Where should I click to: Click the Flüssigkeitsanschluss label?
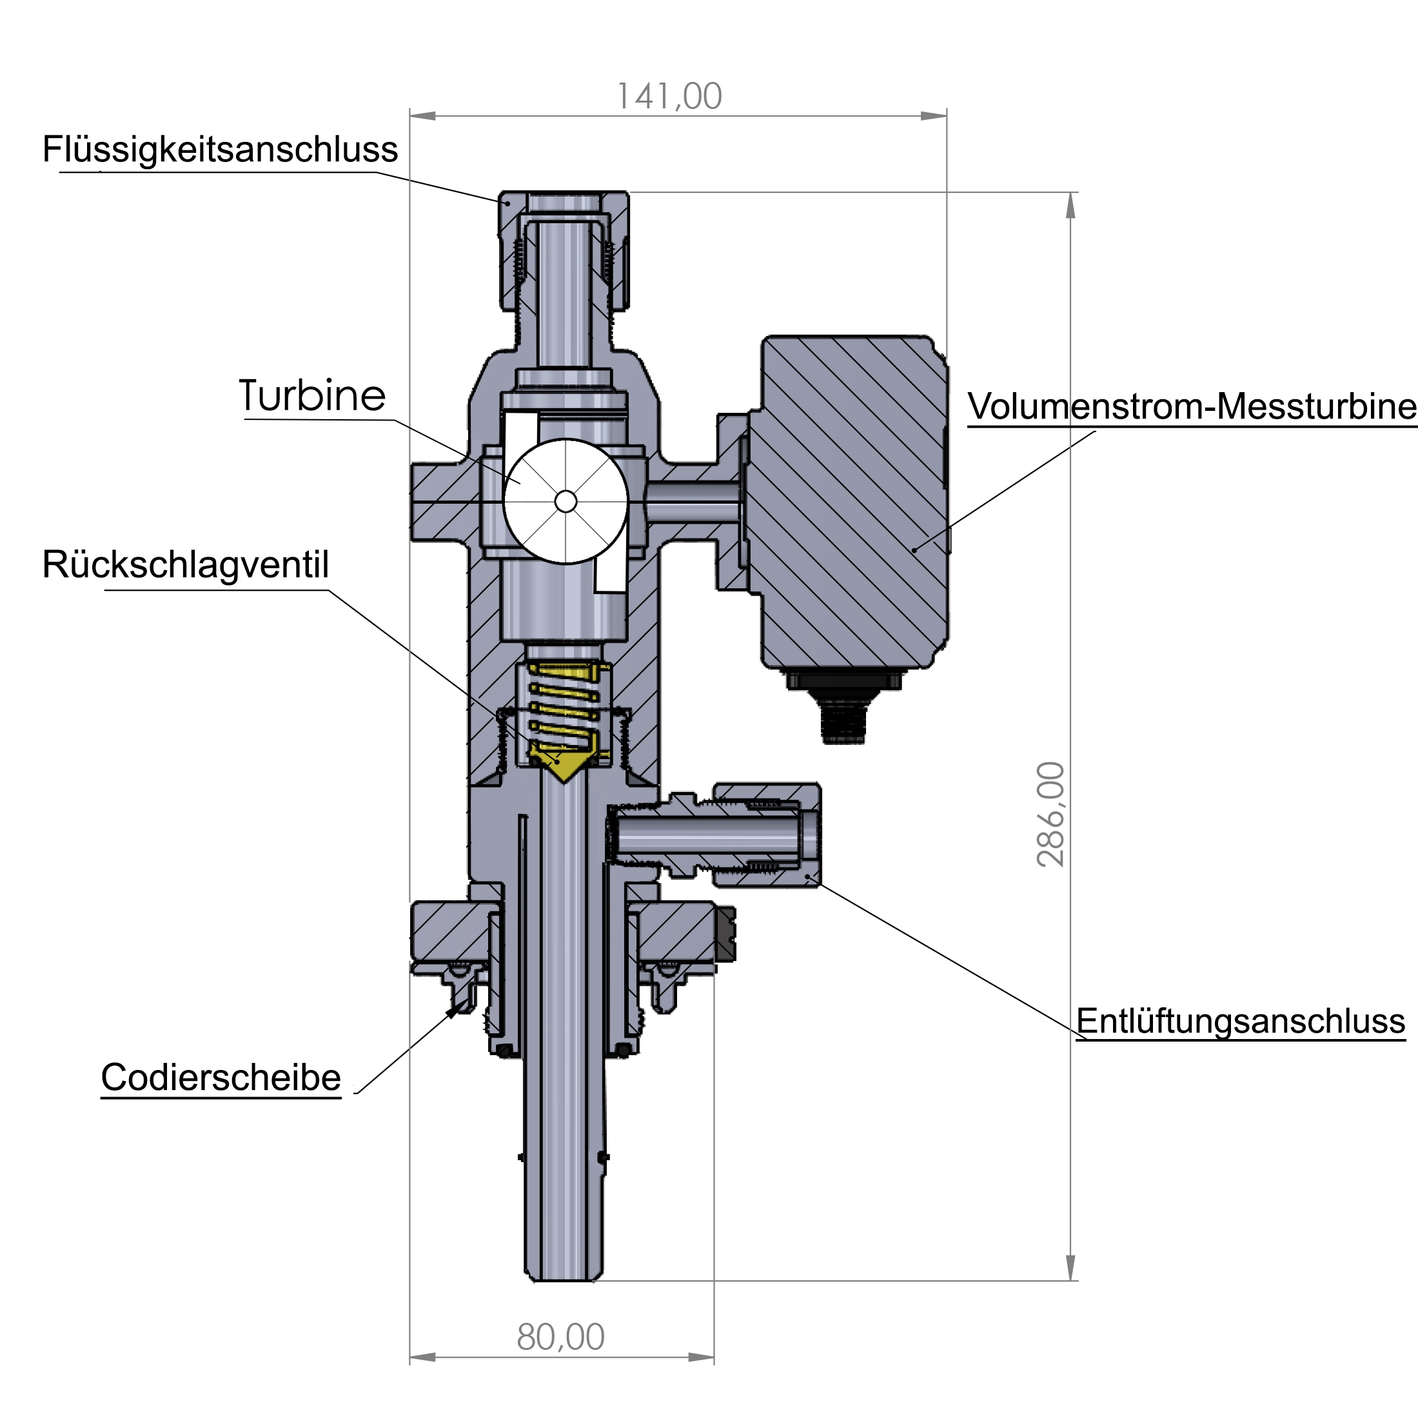[x=220, y=150]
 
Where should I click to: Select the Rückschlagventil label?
[x=185, y=564]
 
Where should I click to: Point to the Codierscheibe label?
[x=221, y=1078]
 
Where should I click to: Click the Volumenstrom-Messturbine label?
[x=1192, y=407]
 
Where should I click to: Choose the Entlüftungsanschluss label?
[x=1240, y=1022]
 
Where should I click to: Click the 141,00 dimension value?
[x=669, y=97]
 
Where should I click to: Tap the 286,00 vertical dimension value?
[x=1050, y=814]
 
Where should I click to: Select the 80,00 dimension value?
[x=561, y=1338]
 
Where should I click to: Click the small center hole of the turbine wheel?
[x=565, y=502]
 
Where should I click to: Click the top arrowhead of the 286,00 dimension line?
[x=1071, y=204]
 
